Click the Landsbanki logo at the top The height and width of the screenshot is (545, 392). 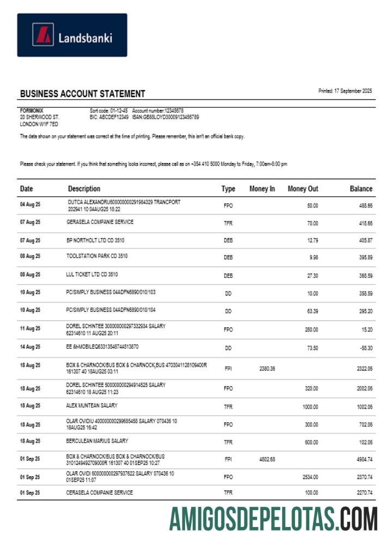[x=72, y=35]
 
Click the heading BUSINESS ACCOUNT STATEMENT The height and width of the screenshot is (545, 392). [x=82, y=94]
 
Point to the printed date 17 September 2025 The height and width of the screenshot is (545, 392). [x=345, y=91]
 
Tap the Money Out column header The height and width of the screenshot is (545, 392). [x=303, y=189]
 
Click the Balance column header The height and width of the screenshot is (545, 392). [x=361, y=189]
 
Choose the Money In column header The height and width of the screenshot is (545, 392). [x=262, y=189]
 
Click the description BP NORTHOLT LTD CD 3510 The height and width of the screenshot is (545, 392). [x=96, y=239]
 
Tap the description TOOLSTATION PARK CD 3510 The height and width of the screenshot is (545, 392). [x=96, y=256]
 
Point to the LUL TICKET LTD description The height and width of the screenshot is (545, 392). [x=91, y=275]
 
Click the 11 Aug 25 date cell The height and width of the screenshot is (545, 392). [x=30, y=329]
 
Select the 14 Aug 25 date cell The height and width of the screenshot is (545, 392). [x=30, y=347]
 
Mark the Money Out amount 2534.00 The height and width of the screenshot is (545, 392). [x=310, y=477]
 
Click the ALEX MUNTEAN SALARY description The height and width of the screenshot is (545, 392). [x=91, y=405]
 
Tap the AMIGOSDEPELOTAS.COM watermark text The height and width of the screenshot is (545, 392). [x=273, y=518]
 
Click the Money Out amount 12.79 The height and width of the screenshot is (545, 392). [x=312, y=240]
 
